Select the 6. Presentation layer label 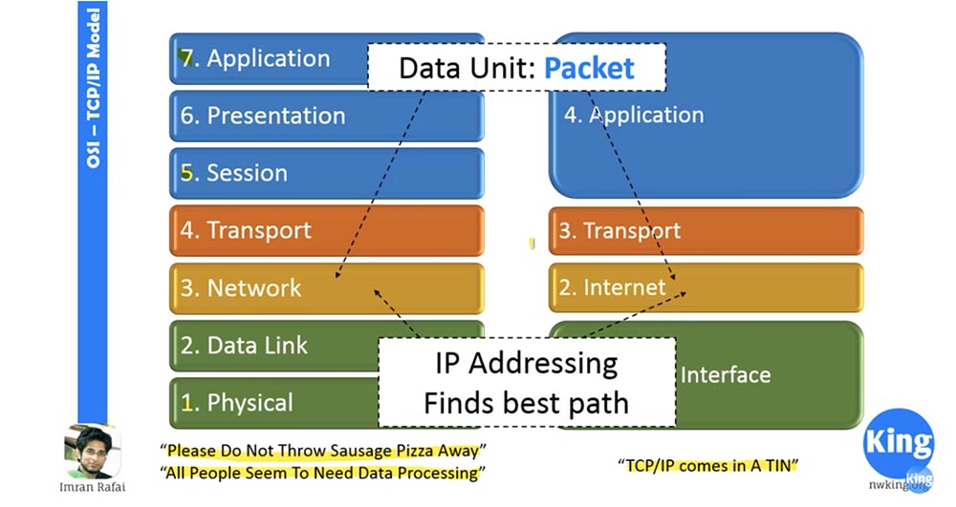[x=263, y=116]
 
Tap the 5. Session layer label [x=234, y=173]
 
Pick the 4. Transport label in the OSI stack [x=246, y=230]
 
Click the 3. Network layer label [x=241, y=287]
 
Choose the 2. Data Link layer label [x=245, y=345]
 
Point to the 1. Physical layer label [x=237, y=402]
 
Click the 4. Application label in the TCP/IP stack [x=633, y=116]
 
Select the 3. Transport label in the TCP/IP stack [x=619, y=231]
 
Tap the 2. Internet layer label [x=612, y=286]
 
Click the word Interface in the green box [x=725, y=374]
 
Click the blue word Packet [x=589, y=68]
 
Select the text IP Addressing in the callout [x=526, y=363]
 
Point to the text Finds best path [x=526, y=402]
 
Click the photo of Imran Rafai [x=92, y=451]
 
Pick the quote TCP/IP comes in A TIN [x=708, y=465]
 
